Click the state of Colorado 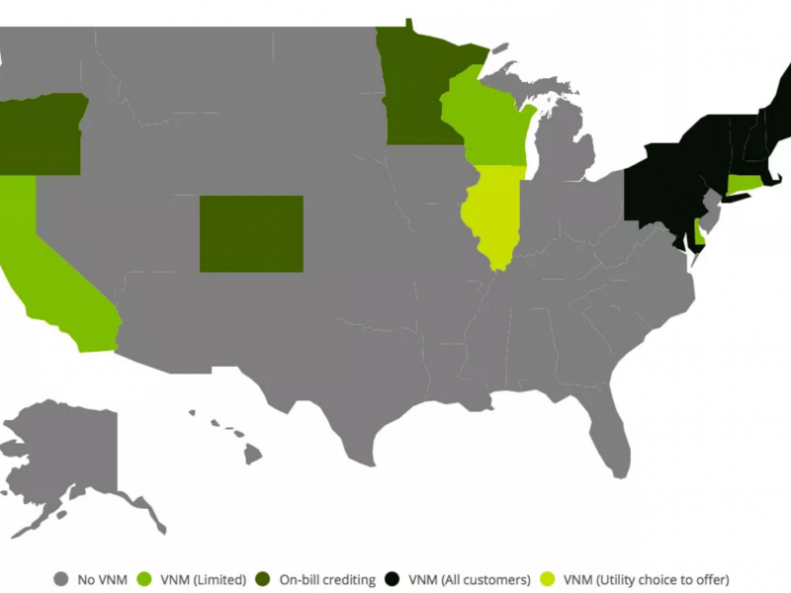[x=251, y=233]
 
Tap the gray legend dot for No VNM [x=61, y=579]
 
